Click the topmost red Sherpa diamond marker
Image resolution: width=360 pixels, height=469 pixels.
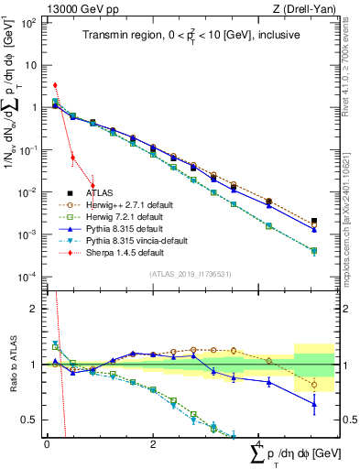(x=55, y=85)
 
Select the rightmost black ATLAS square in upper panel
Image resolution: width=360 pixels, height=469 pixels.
(x=314, y=222)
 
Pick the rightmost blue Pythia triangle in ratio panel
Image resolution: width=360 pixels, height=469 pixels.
(x=314, y=403)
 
